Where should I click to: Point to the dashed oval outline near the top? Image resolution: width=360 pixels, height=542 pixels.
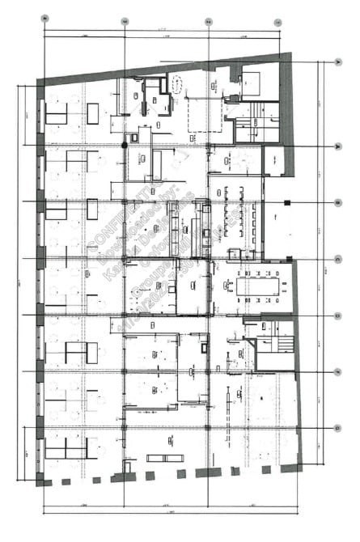[174, 82]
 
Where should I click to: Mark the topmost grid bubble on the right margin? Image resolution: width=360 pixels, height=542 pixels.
[337, 61]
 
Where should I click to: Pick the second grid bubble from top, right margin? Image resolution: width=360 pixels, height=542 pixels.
[337, 146]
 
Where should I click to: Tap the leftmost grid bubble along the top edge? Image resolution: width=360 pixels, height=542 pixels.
[44, 18]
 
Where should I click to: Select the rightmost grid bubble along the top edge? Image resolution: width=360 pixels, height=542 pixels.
[277, 20]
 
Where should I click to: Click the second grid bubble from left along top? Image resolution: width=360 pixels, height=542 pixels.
[124, 20]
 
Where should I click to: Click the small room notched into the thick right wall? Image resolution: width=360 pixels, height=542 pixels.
[273, 159]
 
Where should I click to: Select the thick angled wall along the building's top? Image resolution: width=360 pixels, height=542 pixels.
[162, 67]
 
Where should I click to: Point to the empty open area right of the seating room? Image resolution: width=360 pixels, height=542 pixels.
[281, 227]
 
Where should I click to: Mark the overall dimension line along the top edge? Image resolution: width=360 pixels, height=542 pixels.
[162, 32]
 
